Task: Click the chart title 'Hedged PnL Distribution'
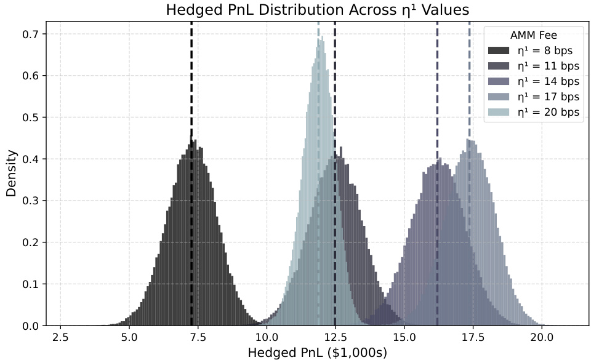click(x=317, y=10)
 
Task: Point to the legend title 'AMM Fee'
click(x=534, y=35)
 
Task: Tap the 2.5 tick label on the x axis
click(x=60, y=337)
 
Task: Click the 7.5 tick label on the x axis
click(x=198, y=337)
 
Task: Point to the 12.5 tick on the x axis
click(x=335, y=337)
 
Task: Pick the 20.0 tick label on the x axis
click(x=541, y=337)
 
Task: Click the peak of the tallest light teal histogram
click(x=321, y=37)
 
